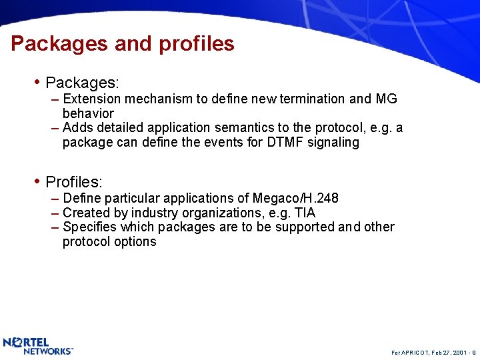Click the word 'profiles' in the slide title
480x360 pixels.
click(x=197, y=44)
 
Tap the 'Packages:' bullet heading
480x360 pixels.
click(x=82, y=83)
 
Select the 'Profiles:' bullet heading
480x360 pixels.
click(x=73, y=182)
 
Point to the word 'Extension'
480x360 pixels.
click(x=89, y=99)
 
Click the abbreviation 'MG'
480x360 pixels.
click(x=386, y=99)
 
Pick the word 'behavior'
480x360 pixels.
click(x=88, y=113)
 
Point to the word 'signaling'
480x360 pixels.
click(x=333, y=142)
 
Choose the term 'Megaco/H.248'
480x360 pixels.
click(x=295, y=198)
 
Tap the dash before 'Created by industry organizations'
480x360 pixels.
click(x=55, y=213)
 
